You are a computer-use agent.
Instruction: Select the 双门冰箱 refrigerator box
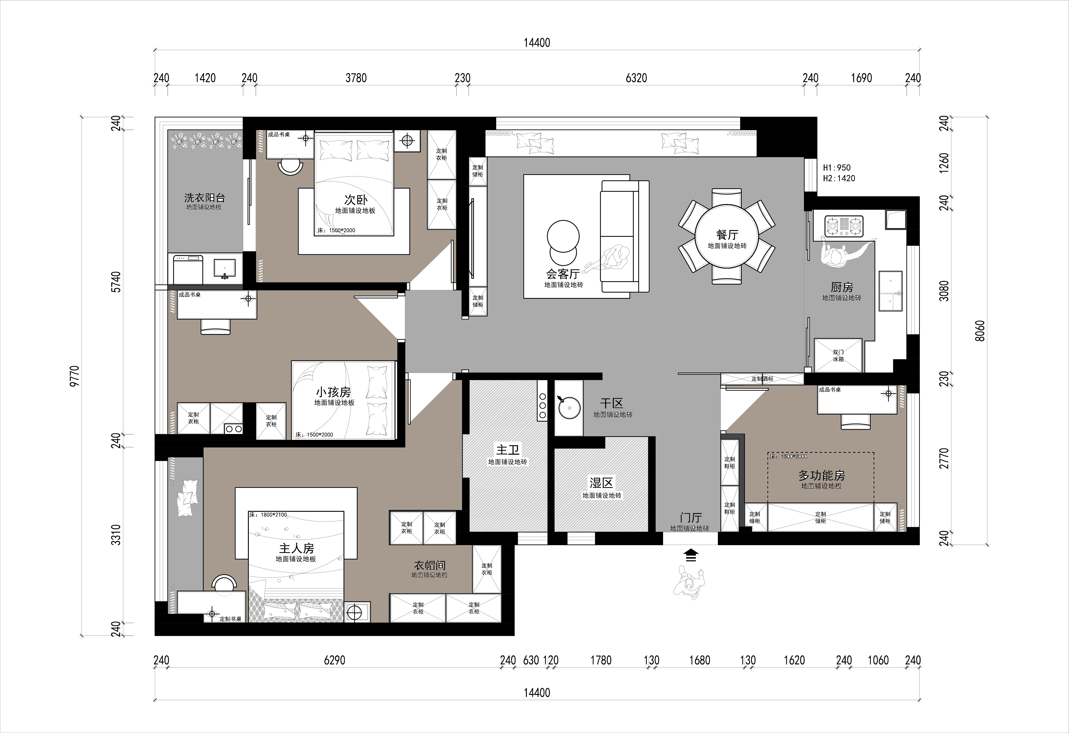click(x=838, y=356)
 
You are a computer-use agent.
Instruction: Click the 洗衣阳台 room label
click(x=205, y=198)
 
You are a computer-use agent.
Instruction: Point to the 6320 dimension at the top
click(x=636, y=78)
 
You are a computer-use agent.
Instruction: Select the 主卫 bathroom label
click(x=507, y=449)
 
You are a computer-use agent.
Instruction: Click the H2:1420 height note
click(x=839, y=178)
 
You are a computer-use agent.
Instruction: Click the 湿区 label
click(x=602, y=483)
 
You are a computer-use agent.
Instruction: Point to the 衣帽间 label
click(x=430, y=565)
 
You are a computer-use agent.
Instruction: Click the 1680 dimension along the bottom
click(x=700, y=660)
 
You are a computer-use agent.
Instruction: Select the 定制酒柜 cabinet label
click(x=762, y=379)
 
